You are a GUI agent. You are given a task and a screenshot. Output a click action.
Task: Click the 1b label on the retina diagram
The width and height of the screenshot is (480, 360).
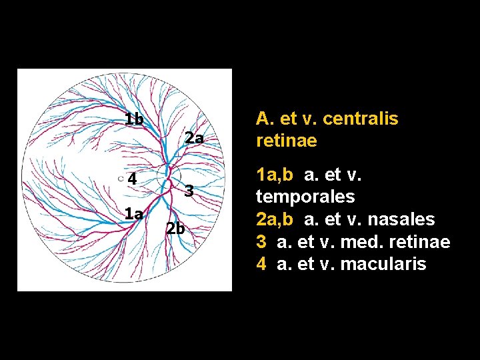(134, 120)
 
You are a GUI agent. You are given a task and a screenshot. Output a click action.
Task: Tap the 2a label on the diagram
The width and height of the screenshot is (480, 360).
(194, 139)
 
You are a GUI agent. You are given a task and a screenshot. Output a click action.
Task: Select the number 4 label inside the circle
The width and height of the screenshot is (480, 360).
(132, 179)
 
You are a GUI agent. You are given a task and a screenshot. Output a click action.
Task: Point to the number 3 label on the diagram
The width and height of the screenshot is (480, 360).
(189, 191)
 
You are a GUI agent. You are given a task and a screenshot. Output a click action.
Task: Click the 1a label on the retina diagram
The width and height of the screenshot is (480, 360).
(133, 214)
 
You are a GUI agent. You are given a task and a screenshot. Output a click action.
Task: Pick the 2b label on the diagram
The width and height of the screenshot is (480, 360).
(175, 228)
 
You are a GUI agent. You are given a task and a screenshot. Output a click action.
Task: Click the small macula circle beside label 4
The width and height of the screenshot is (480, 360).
(121, 179)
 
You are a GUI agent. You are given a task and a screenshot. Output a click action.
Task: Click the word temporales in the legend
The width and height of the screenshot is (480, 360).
(305, 197)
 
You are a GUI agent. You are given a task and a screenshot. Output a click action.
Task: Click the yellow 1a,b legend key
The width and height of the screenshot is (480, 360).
(275, 175)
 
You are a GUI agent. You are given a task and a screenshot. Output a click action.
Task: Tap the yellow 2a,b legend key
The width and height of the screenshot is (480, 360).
(275, 219)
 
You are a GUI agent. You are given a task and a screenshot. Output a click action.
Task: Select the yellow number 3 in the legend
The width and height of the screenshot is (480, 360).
(261, 242)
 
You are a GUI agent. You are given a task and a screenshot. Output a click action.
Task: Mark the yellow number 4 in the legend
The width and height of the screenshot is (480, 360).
(261, 264)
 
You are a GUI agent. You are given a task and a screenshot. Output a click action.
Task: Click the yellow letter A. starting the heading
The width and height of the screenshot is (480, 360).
(262, 119)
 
